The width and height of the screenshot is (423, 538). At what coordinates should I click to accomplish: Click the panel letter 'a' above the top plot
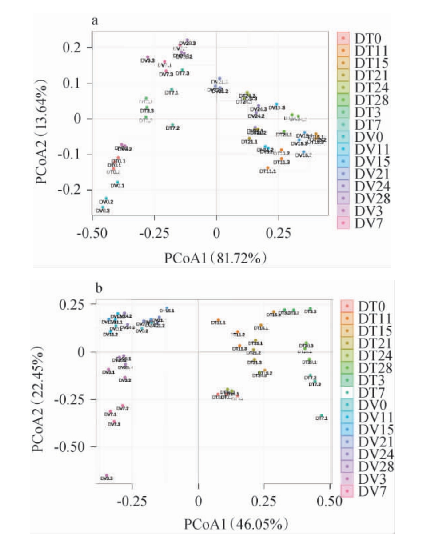tap(95, 21)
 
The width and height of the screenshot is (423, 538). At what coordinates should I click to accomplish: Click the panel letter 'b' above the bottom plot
tap(99, 288)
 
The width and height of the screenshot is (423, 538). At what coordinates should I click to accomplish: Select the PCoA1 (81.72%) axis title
tap(216, 258)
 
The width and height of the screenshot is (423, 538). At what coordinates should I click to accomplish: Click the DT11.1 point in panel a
tap(268, 168)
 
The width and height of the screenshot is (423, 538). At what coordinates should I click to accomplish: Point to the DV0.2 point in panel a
tap(106, 199)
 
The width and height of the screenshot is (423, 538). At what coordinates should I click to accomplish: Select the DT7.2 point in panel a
tap(172, 125)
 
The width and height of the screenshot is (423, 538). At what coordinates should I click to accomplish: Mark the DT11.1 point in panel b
tap(218, 319)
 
